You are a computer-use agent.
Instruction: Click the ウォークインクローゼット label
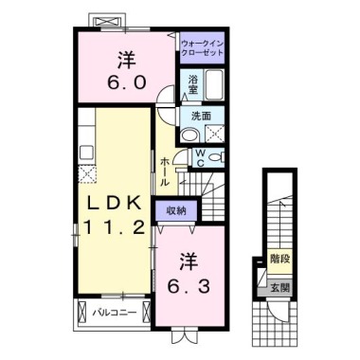(203, 48)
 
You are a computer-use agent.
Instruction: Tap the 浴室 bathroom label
(192, 85)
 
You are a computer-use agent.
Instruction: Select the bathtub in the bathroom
(214, 84)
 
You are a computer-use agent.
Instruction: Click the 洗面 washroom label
(201, 117)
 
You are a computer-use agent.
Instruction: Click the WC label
(200, 158)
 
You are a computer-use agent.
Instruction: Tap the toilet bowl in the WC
(216, 157)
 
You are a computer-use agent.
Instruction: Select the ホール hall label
(165, 172)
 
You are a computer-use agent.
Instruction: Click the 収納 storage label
(176, 211)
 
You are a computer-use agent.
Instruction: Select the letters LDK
(114, 205)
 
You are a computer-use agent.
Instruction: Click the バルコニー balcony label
(115, 313)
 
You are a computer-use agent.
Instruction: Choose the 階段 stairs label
(279, 259)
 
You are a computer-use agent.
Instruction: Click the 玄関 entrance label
(279, 288)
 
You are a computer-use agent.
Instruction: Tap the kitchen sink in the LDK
(86, 153)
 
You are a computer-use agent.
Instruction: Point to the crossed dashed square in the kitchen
(87, 174)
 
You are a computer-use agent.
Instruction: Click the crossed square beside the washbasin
(215, 134)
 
